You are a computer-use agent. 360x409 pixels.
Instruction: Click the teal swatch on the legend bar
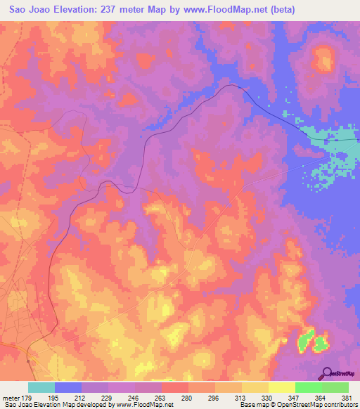tap(41, 387)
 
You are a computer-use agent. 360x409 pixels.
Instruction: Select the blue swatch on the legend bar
tap(68, 387)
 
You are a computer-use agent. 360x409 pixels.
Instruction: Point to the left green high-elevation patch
tap(305, 342)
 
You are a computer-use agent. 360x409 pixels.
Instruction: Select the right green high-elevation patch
tap(321, 344)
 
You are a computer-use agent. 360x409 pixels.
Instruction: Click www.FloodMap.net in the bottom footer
tap(144, 405)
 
